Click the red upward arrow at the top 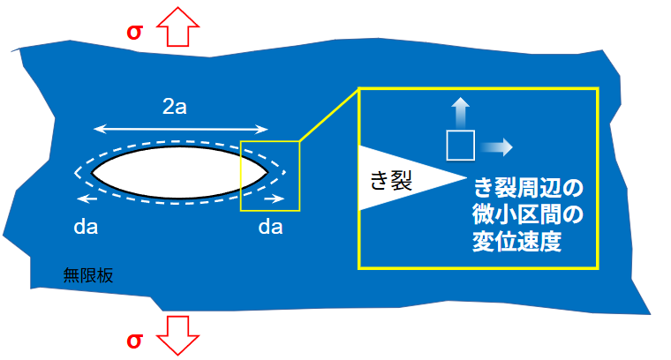point(179,26)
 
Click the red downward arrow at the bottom point(179,336)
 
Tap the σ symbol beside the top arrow point(135,31)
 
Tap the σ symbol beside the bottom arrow point(135,341)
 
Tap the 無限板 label point(88,274)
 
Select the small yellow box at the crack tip point(270,176)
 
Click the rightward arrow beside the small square point(500,145)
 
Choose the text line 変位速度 point(517,242)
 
